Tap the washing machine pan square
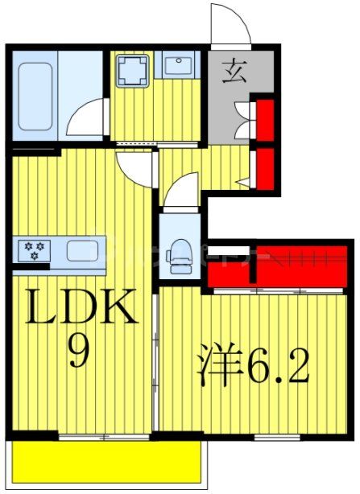click(x=130, y=71)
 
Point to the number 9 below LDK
click(x=78, y=352)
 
